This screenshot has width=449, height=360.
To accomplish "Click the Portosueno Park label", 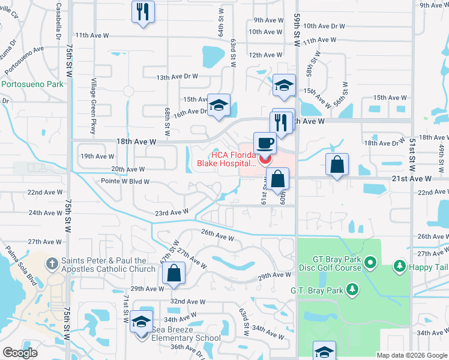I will point(32,85).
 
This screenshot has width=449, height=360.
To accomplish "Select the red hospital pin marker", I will point(265,160).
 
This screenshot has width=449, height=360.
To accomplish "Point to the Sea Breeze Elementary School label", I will point(186,338).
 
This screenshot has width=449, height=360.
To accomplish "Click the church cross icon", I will point(53,262).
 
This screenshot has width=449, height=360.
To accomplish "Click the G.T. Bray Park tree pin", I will point(353,290).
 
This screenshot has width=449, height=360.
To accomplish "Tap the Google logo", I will point(20,353).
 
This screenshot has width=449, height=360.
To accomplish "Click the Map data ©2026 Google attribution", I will point(411,355).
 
